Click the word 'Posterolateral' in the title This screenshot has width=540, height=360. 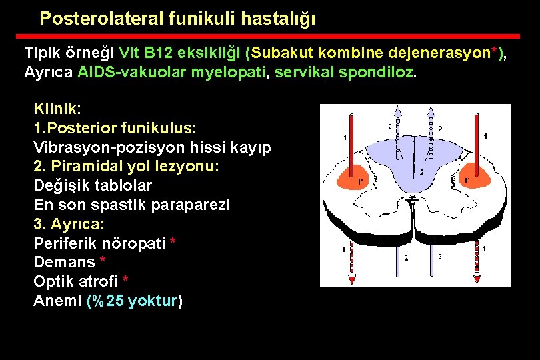click(98, 19)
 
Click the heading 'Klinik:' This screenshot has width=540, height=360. click(57, 108)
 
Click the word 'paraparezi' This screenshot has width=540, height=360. click(194, 205)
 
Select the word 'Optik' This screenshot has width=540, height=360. click(53, 282)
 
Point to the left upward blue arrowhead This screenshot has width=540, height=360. click(397, 111)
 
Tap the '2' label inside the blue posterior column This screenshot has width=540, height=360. click(421, 172)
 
